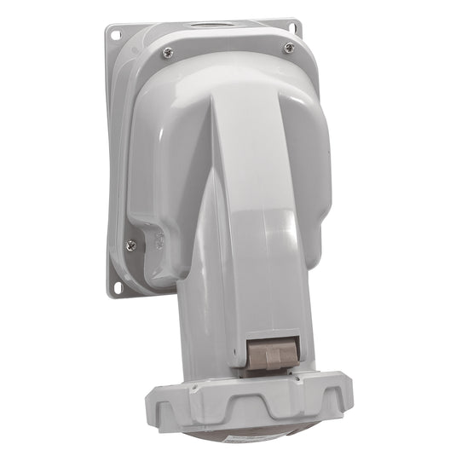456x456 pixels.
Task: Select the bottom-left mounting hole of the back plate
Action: coord(114,286)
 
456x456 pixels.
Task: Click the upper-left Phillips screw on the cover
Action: coord(166,53)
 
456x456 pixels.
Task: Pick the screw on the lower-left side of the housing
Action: coord(130,245)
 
